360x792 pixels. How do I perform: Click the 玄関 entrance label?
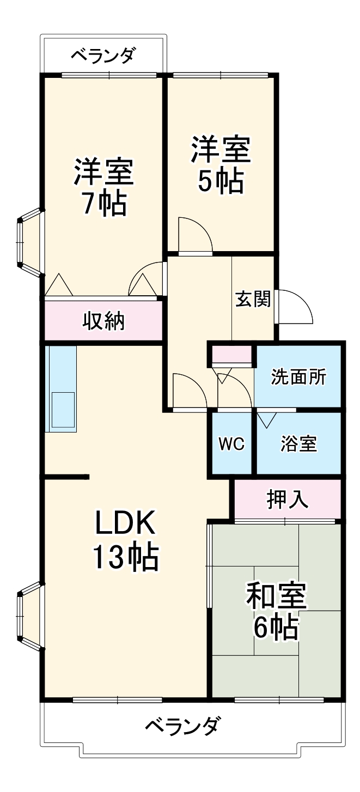tap(253, 299)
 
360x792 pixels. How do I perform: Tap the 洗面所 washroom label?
tap(298, 377)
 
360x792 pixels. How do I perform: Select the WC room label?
tap(231, 444)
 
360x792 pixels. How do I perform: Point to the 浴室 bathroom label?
tap(298, 444)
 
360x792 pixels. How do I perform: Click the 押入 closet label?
tap(288, 499)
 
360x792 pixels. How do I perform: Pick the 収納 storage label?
tap(103, 321)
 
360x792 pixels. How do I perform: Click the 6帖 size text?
tap(276, 629)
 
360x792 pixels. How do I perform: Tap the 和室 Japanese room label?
tap(276, 596)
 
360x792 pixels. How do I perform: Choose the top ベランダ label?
tap(103, 56)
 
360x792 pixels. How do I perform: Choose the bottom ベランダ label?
tap(184, 726)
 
